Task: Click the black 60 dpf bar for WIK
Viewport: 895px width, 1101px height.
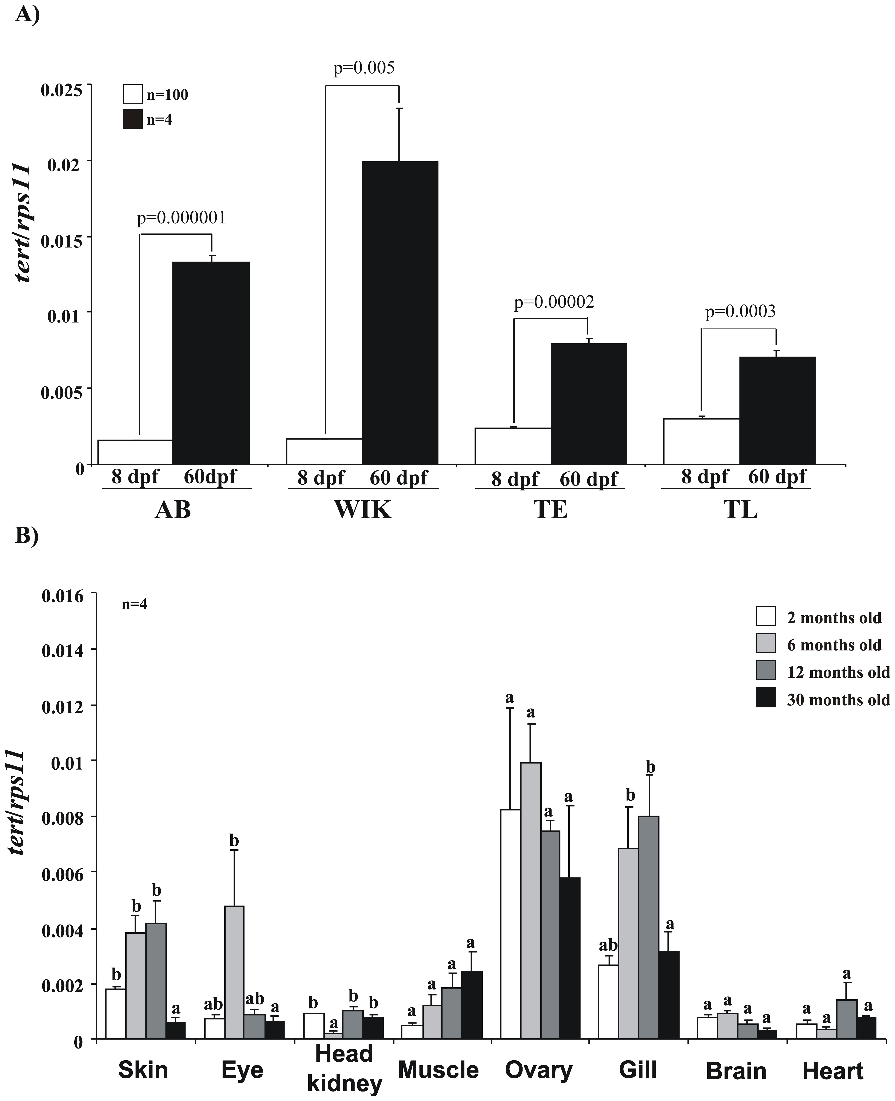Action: (x=400, y=312)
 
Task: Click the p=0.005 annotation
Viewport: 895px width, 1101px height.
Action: (x=364, y=68)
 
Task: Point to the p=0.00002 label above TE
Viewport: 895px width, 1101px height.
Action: (x=554, y=302)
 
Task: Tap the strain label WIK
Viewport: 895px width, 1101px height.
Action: (x=363, y=510)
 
